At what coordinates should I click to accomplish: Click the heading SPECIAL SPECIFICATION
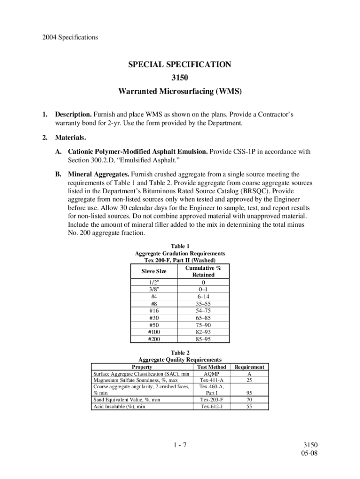click(180, 65)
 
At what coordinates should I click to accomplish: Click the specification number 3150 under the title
click(180, 78)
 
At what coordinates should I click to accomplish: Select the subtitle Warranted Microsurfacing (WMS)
click(180, 92)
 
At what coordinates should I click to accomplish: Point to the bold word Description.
click(73, 115)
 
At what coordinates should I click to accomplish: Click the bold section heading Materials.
click(71, 138)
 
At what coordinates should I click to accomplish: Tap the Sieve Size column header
click(154, 271)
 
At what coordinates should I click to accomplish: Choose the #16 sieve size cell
click(154, 311)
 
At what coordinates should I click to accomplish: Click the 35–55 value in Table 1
click(203, 304)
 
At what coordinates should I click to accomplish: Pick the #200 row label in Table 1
click(154, 339)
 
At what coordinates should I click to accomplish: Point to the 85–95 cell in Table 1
click(203, 339)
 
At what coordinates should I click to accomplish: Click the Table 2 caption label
click(180, 353)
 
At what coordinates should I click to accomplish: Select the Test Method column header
click(212, 367)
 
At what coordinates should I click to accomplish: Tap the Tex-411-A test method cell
click(212, 380)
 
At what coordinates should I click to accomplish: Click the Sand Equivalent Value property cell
click(127, 400)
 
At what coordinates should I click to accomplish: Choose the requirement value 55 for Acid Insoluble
click(249, 406)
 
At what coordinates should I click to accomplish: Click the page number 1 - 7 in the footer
click(180, 445)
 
